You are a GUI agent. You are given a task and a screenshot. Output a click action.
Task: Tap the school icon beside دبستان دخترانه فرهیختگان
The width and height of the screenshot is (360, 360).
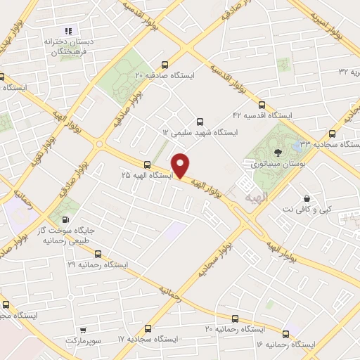(x=68, y=30)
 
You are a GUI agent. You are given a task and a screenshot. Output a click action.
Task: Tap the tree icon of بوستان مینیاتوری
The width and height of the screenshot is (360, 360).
(x=278, y=151)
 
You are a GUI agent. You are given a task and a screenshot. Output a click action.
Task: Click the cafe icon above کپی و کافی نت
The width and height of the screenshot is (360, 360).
(x=306, y=198)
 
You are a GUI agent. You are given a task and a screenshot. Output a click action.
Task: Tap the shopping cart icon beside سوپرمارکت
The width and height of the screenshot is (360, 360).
(x=84, y=329)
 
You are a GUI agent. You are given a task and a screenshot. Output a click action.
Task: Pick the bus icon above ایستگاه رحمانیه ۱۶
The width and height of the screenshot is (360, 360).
(x=285, y=333)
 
